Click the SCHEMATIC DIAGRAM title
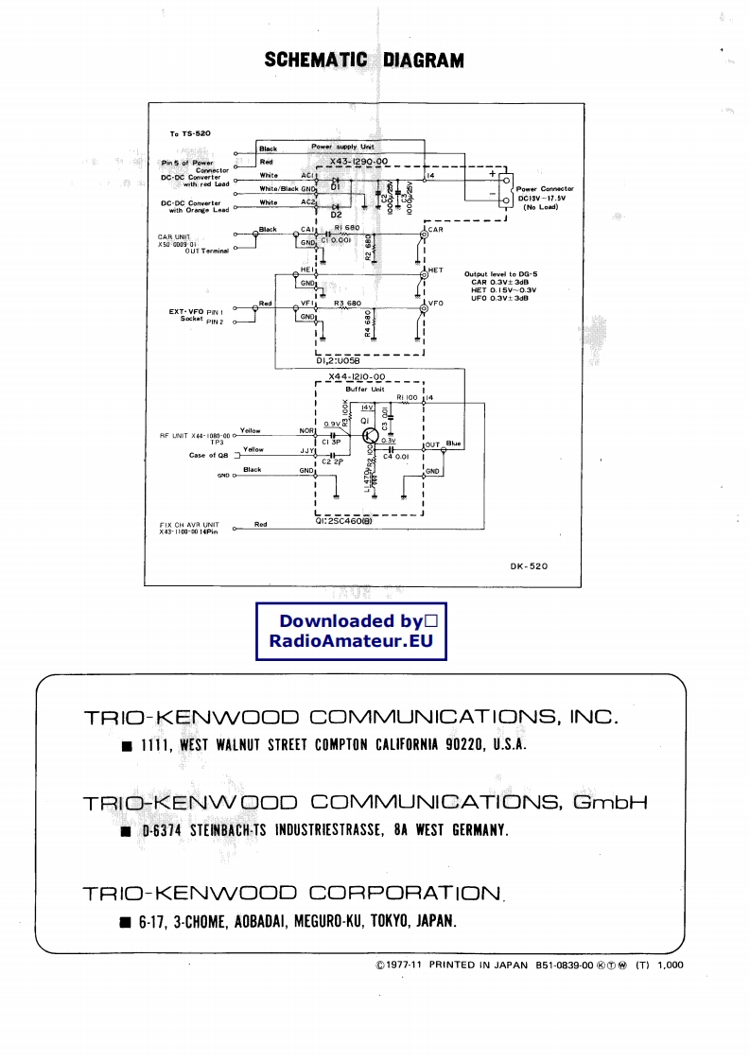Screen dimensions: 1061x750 click(x=364, y=61)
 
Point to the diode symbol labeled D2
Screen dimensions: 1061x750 click(x=336, y=206)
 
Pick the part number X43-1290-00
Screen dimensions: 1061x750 click(x=358, y=162)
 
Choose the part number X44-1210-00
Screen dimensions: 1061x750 click(x=358, y=376)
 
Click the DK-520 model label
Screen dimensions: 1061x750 click(x=529, y=566)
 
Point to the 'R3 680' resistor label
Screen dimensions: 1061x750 click(x=348, y=303)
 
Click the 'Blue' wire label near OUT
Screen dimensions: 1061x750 click(x=454, y=443)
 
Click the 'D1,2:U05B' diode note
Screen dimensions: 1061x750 click(x=338, y=360)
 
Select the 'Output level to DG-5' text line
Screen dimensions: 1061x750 click(x=500, y=273)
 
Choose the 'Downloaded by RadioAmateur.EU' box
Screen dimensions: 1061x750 click(x=351, y=631)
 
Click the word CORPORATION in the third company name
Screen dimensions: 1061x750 click(x=406, y=893)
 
